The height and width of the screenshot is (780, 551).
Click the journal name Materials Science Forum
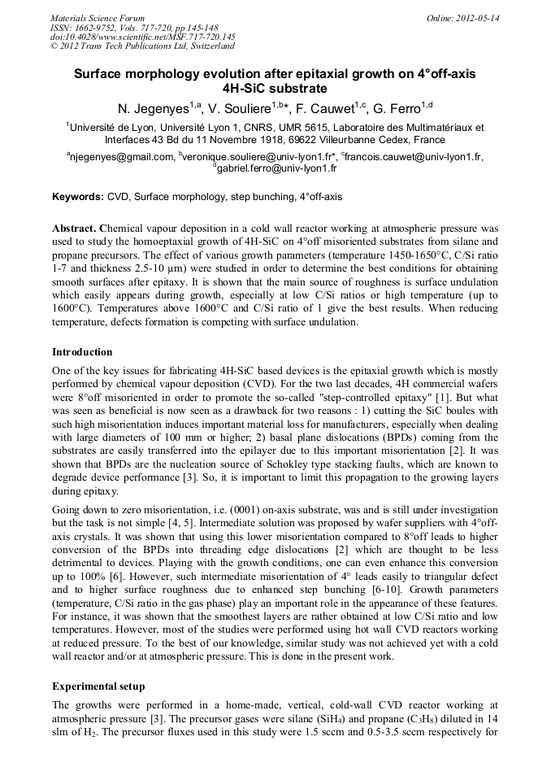tap(98, 17)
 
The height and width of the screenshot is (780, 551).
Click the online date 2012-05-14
tap(476, 17)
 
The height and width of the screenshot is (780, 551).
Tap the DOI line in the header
tap(142, 37)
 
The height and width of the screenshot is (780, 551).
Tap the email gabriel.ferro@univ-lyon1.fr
tap(276, 168)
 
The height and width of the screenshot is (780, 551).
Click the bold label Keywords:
tap(79, 197)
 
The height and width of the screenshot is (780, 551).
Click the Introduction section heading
tap(82, 352)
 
